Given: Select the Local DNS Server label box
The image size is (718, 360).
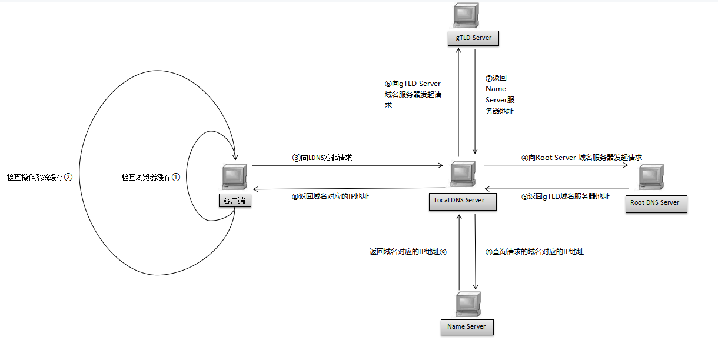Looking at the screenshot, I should pos(459,201).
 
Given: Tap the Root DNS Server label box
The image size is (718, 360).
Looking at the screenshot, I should pos(654,203).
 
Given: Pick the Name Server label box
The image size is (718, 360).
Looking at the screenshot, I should pos(467,326).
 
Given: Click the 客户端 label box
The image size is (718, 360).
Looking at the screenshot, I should pos(234,201).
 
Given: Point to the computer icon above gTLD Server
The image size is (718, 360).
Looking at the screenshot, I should pos(466,15).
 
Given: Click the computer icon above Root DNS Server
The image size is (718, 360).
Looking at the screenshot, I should pos(651,178).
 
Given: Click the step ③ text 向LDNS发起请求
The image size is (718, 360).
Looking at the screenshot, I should pos(322,158).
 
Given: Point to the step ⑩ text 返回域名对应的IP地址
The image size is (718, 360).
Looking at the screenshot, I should pos(330,197).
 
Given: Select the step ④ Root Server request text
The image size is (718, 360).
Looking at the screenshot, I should pos(581,158).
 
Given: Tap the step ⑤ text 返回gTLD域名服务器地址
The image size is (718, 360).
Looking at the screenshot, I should pos(565,197).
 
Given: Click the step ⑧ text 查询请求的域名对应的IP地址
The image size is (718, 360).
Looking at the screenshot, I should pos(534,252).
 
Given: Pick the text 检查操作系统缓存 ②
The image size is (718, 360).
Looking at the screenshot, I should pos(39,176).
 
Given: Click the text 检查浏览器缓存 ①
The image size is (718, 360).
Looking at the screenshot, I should pos(150,176).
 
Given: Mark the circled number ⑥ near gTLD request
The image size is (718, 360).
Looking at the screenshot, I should pos(388,84).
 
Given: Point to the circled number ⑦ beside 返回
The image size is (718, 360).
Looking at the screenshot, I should pos(488,78).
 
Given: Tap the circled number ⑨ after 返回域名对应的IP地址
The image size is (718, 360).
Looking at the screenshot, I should pos(444,252).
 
